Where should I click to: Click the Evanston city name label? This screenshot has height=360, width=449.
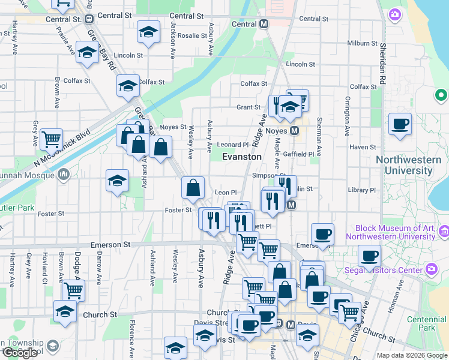tap(242, 157)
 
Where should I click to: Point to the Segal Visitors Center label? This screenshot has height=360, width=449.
tap(384, 270)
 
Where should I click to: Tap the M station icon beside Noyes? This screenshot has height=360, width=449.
tap(295, 130)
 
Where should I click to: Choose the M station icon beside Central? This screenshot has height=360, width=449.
tap(264, 25)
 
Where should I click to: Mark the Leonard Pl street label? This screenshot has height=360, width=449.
tap(232, 145)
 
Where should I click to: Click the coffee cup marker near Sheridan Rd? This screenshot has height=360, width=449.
tap(400, 125)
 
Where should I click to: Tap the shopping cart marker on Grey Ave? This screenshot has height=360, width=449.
tap(52, 139)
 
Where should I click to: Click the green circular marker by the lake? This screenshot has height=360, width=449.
tap(441, 95)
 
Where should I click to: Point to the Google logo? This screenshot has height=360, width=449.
tap(20, 353)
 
